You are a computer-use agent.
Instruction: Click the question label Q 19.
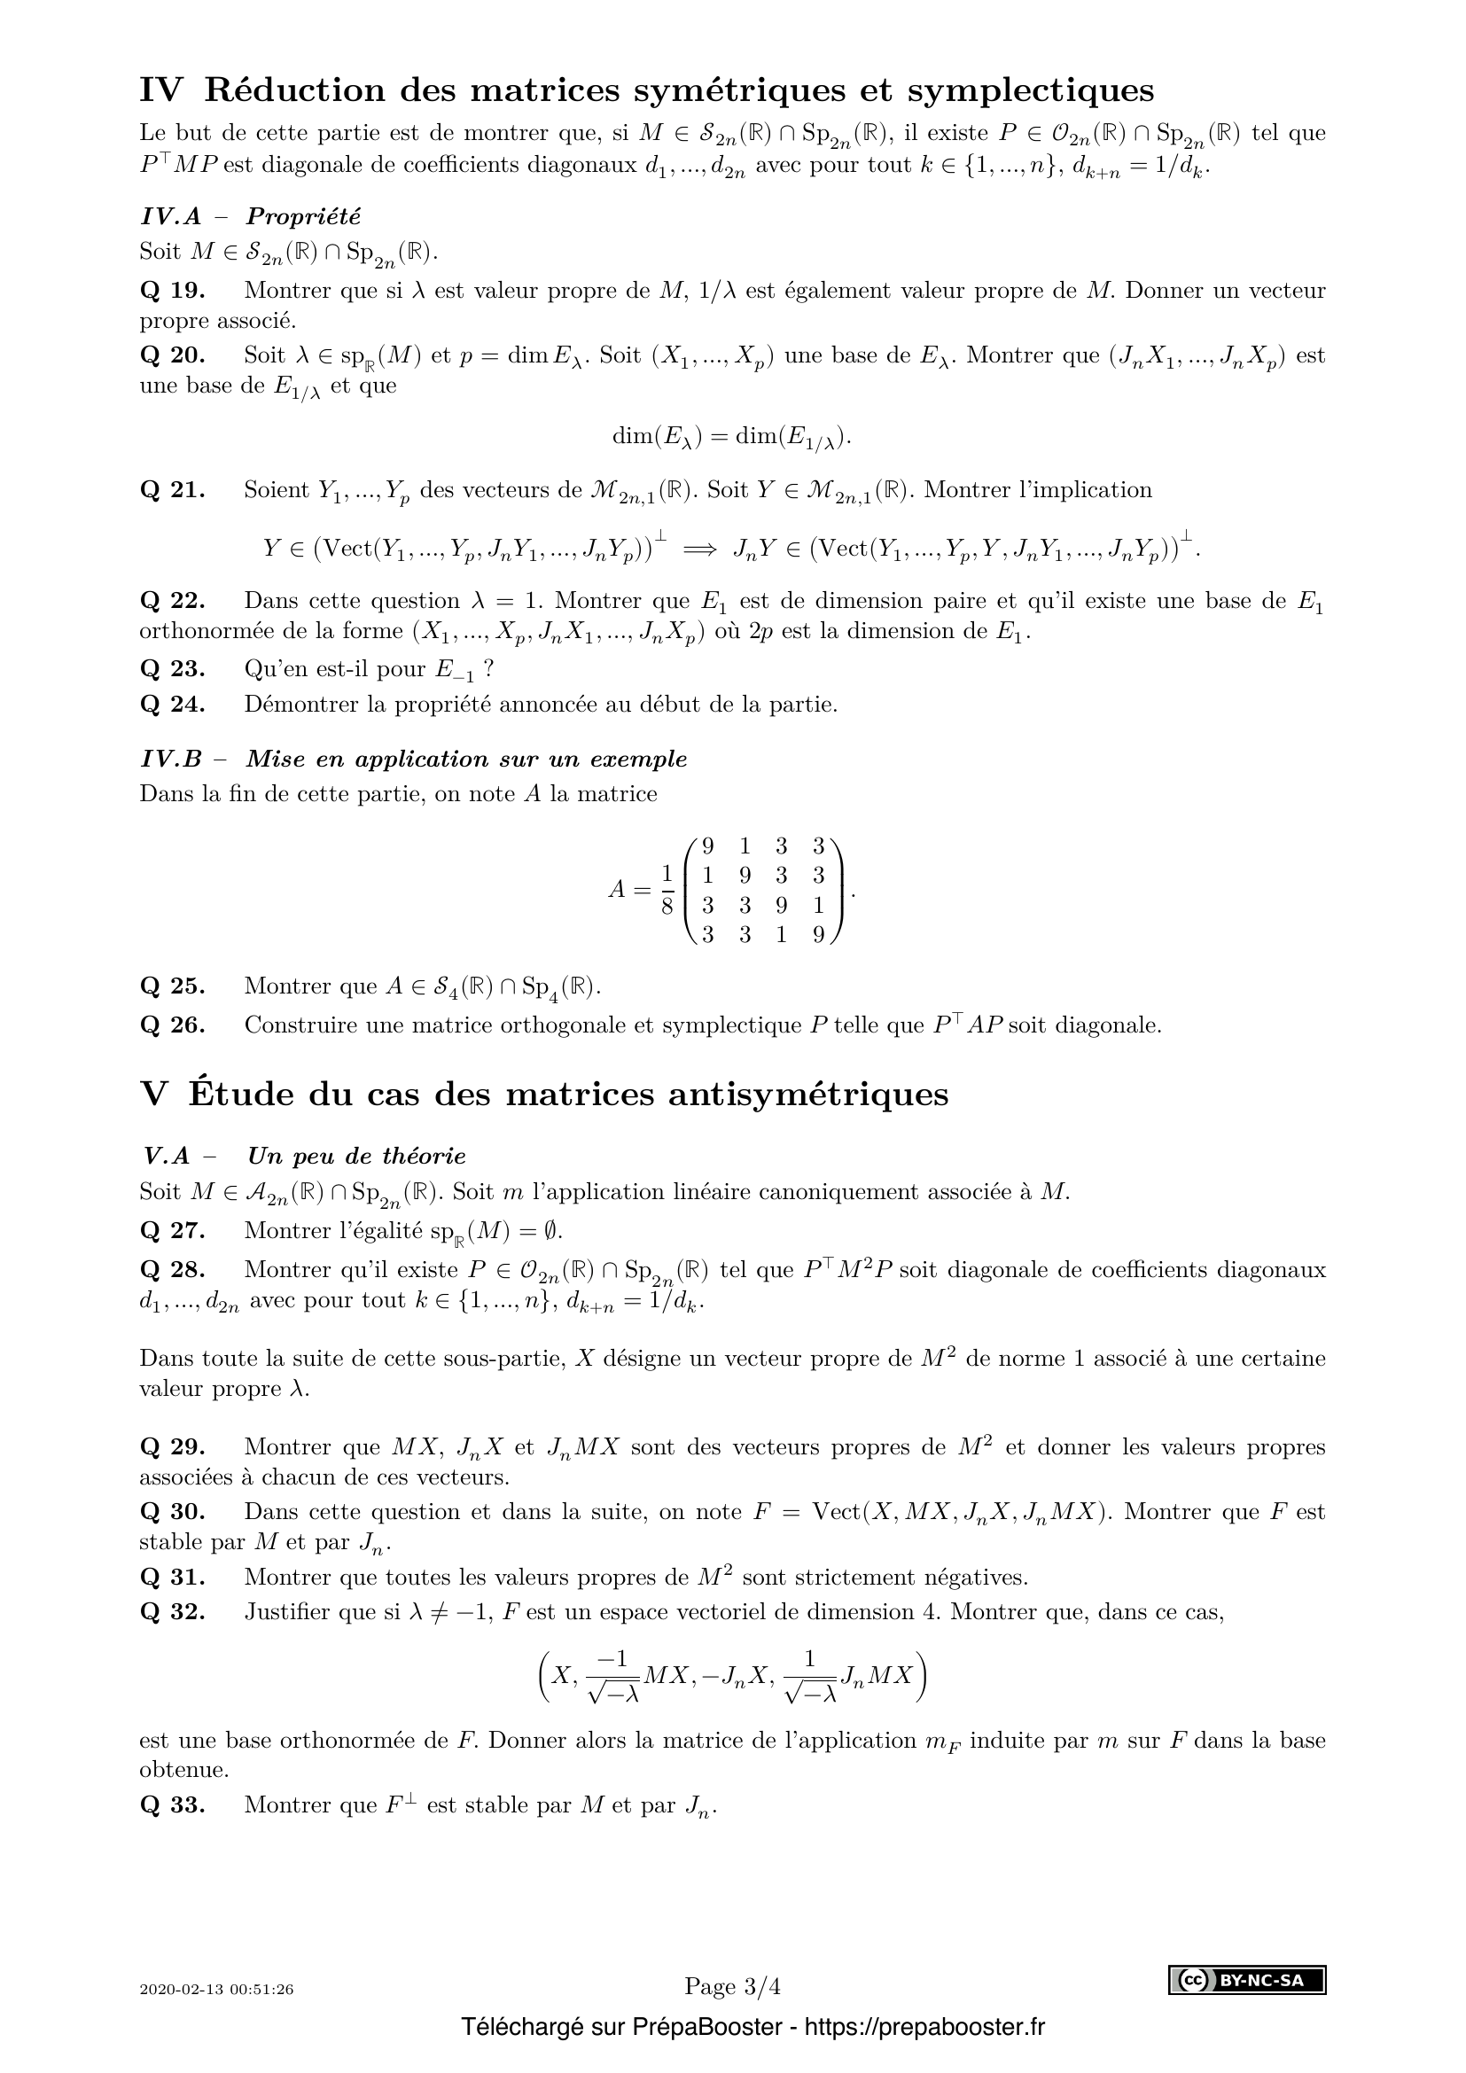coord(173,291)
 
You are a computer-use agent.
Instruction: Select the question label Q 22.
coord(173,601)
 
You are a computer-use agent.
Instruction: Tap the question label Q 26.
coord(173,1025)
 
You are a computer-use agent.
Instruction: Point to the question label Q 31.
coord(173,1578)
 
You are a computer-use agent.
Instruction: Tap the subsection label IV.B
coord(172,760)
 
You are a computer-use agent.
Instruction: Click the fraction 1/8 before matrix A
coord(667,890)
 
